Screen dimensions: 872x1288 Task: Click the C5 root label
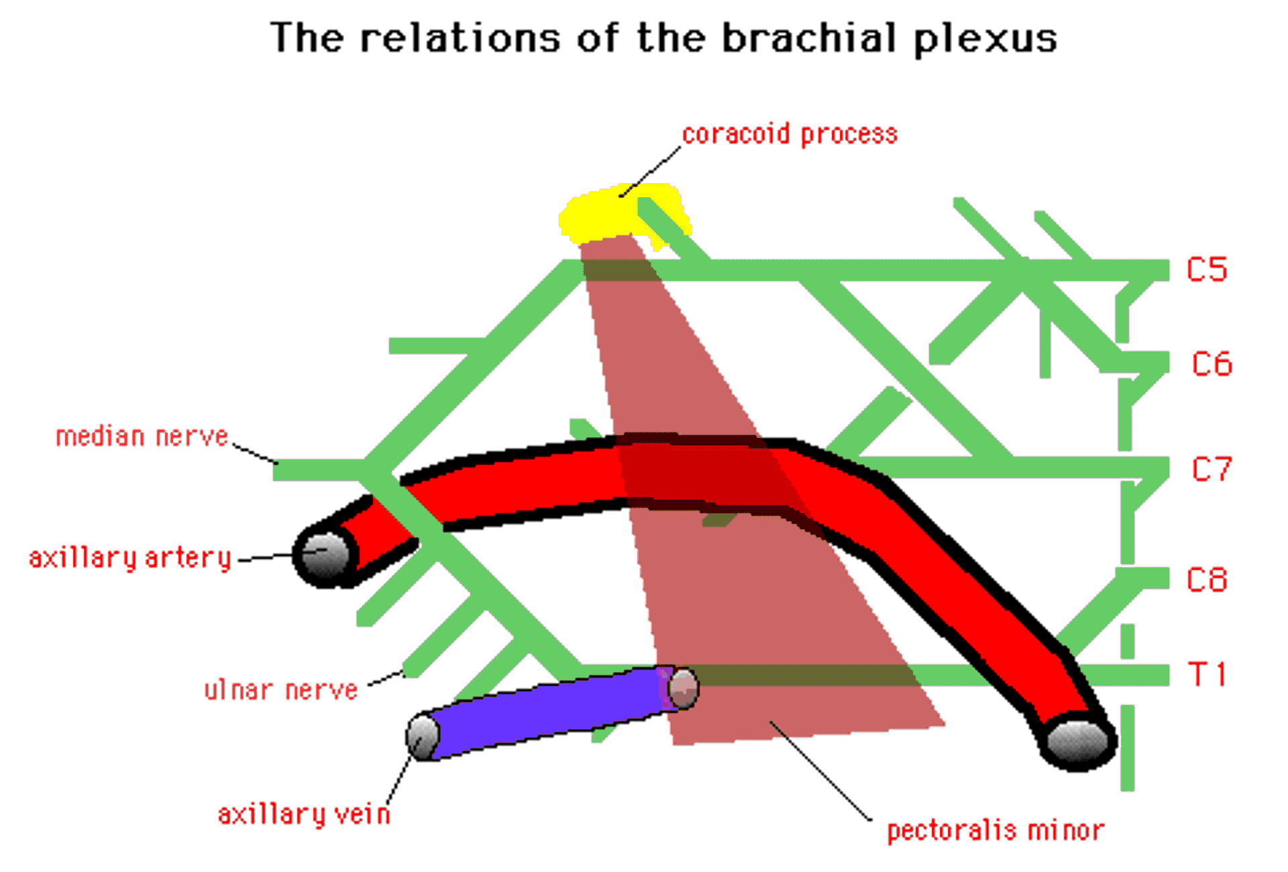click(x=1206, y=270)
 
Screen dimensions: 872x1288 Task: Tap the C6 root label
click(x=1212, y=364)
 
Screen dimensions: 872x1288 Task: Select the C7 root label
click(x=1212, y=470)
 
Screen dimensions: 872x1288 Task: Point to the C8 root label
click(x=1207, y=580)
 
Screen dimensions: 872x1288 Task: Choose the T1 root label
click(x=1207, y=674)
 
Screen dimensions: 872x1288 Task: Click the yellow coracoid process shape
click(x=604, y=215)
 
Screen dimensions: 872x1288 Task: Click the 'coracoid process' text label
click(x=790, y=134)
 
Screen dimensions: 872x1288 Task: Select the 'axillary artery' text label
click(x=130, y=558)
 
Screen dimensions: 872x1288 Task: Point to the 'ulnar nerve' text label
click(x=281, y=690)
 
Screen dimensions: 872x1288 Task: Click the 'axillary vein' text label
click(x=304, y=814)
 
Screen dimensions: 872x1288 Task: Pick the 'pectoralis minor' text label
click(x=996, y=831)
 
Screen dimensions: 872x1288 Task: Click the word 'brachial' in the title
click(x=808, y=38)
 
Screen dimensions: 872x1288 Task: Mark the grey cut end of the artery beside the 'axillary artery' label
click(x=325, y=554)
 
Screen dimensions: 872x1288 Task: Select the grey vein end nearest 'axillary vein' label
click(x=423, y=737)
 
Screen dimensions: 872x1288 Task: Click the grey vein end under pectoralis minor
click(x=684, y=688)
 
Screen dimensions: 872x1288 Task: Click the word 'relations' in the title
click(x=460, y=38)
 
